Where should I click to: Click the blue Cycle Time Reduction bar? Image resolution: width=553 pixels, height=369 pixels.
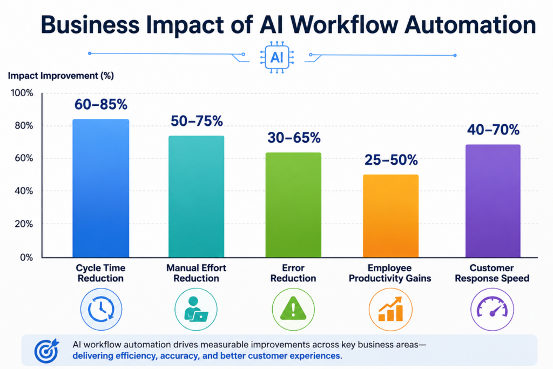(101, 189)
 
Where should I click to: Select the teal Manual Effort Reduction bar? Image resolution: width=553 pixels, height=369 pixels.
(197, 197)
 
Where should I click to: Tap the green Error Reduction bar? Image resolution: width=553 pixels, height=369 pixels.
(293, 205)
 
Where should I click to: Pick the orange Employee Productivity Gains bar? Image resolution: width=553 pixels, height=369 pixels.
(391, 216)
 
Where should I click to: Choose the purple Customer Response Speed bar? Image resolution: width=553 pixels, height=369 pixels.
(493, 201)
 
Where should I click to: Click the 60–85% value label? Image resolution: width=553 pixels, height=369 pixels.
(101, 104)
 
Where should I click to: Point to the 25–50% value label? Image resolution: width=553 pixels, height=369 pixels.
(391, 160)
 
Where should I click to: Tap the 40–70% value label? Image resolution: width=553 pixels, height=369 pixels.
(493, 130)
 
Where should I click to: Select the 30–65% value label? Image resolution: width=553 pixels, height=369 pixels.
(294, 138)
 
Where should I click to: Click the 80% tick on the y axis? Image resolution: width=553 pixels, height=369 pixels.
(24, 125)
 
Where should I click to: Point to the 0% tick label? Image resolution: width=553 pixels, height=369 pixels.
(26, 257)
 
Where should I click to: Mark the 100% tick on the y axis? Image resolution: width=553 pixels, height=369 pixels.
(22, 93)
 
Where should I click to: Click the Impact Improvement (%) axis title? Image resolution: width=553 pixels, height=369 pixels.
(60, 76)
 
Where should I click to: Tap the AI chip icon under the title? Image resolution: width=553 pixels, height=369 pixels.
(277, 57)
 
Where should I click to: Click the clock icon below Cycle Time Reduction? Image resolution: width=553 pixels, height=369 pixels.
(101, 310)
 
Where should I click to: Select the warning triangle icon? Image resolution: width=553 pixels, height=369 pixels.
(293, 309)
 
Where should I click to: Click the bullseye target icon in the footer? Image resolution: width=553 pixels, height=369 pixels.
(46, 351)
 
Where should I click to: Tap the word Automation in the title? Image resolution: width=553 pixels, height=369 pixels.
(470, 25)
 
